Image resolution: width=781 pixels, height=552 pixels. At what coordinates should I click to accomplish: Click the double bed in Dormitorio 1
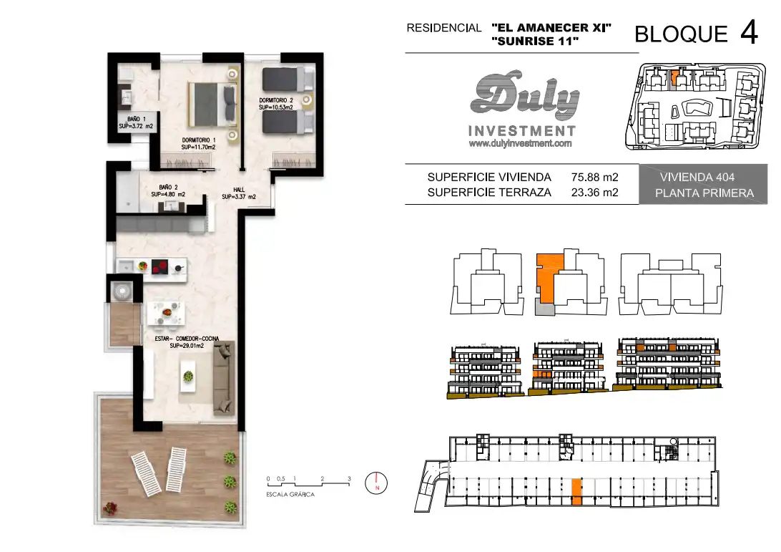click(212, 105)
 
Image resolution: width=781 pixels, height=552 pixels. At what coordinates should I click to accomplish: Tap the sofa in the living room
click(224, 378)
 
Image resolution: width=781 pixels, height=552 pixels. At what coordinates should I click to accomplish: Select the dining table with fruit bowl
click(167, 314)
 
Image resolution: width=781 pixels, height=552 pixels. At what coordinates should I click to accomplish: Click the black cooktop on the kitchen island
click(160, 268)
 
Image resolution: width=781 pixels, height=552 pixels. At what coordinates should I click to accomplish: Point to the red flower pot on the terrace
click(109, 508)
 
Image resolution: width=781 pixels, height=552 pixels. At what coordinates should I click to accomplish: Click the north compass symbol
click(376, 483)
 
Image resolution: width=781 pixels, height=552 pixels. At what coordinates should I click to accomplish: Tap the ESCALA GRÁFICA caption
click(290, 494)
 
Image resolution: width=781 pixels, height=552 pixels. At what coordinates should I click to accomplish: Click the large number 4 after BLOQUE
click(749, 32)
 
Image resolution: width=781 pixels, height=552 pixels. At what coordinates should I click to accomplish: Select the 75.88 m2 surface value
click(595, 177)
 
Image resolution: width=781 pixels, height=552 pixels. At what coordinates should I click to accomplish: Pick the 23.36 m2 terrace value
click(595, 193)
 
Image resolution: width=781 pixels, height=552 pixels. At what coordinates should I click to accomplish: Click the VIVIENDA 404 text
click(697, 177)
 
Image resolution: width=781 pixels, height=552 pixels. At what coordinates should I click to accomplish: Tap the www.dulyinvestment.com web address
click(520, 144)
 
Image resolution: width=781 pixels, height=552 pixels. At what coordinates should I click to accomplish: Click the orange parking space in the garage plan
click(576, 492)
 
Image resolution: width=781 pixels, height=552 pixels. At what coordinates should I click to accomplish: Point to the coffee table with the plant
click(188, 376)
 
